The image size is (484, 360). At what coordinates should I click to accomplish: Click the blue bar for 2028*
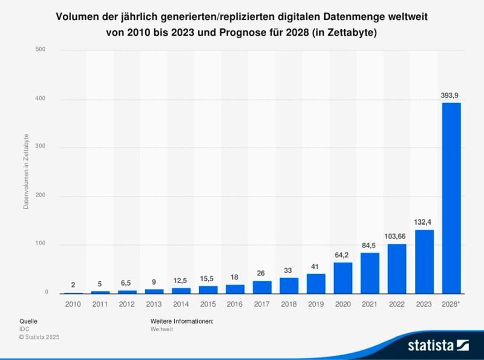pos(452,198)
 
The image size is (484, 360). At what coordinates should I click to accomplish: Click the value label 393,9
pos(452,96)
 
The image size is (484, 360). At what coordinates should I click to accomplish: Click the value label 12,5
pos(181,281)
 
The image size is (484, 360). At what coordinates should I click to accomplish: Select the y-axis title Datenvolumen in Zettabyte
pos(26,172)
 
